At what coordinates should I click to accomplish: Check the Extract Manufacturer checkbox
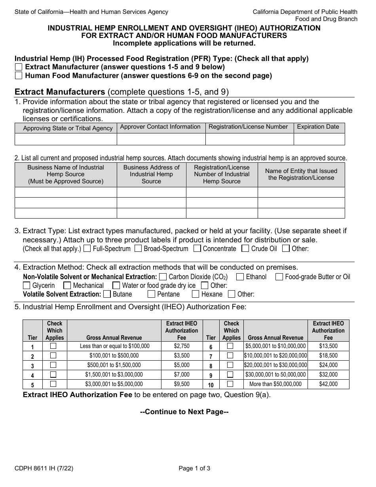[18, 67]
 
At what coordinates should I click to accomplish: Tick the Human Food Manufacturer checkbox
[18, 76]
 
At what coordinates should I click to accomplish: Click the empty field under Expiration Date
[319, 139]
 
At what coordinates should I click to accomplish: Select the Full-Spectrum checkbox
[87, 249]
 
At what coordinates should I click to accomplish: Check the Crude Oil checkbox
[245, 249]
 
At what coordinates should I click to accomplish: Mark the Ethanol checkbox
[240, 277]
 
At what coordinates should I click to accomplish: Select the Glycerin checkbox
[27, 285]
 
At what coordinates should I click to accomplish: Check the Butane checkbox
[107, 294]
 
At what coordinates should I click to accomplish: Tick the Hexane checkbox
[196, 294]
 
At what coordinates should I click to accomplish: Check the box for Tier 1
[53, 346]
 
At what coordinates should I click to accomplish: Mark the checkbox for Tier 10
[230, 384]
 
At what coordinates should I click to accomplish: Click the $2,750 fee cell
[182, 346]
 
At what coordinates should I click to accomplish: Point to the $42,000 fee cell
[328, 384]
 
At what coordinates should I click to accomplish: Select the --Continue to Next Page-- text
[184, 412]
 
